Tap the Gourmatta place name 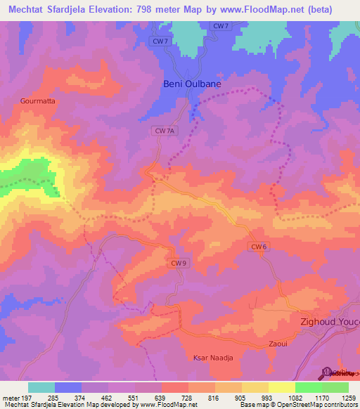(x=38, y=100)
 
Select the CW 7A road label (x=163, y=131)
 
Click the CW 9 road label (x=180, y=263)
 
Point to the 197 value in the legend (x=27, y=398)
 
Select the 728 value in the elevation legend (x=186, y=398)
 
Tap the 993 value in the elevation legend (x=266, y=398)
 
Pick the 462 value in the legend (x=107, y=398)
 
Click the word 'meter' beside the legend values (x=10, y=398)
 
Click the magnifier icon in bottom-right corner (x=326, y=372)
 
